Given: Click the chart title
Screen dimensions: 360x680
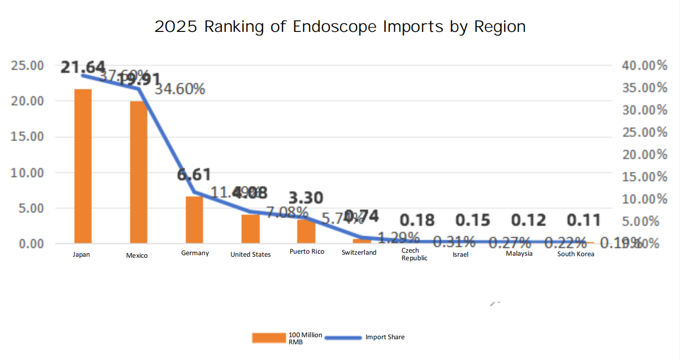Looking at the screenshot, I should point(340,26).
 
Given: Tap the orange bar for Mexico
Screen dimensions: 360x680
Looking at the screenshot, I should point(139,172).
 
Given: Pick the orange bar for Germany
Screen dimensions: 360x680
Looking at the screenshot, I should point(194,220).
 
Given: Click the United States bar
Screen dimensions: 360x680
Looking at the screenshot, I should point(250,229).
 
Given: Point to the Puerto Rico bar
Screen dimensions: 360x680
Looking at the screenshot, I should point(306,231).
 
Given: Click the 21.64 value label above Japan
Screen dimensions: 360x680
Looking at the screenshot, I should point(83,67).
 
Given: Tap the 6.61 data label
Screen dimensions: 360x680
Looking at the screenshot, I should point(194,175).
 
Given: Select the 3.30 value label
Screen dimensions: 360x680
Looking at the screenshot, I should point(306,197).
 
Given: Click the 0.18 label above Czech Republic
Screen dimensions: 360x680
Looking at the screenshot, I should point(417,220).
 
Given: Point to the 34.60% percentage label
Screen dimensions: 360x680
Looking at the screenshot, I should point(180,90).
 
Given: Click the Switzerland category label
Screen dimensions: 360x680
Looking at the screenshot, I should point(359,252).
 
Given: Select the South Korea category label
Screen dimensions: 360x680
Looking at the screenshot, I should point(576,254).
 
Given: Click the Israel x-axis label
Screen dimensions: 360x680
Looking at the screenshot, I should point(460,255).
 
